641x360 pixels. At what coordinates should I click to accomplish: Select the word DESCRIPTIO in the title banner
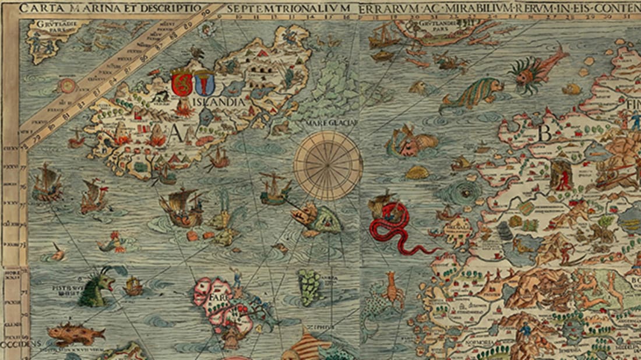173,9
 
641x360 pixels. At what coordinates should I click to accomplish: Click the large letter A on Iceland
175,133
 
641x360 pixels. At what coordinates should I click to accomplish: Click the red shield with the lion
182,83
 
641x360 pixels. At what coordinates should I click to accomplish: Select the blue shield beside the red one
203,82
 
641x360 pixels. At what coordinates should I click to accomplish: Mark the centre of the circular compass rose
327,165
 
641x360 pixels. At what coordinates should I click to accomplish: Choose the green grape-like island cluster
309,286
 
